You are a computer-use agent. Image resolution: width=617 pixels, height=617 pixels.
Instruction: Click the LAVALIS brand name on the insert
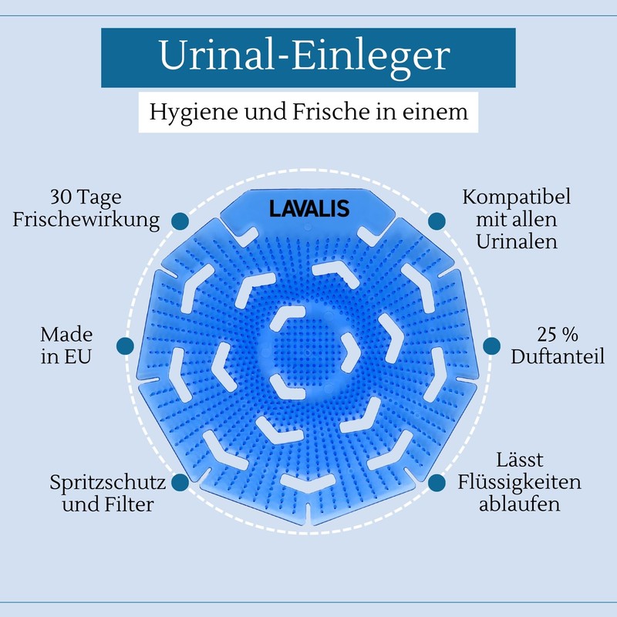click(x=309, y=208)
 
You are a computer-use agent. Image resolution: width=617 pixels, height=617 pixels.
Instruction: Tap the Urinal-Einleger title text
click(x=305, y=56)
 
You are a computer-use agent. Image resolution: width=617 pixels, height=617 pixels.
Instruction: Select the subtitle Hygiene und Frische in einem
click(x=309, y=112)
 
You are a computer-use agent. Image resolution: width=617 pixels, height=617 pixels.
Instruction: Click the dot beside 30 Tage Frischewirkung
click(x=180, y=221)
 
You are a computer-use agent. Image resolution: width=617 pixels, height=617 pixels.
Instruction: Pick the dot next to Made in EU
click(x=125, y=346)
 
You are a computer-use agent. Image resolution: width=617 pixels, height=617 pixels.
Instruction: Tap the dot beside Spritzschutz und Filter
click(x=180, y=483)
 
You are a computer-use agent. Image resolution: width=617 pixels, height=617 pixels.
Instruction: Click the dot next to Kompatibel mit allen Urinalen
click(x=437, y=221)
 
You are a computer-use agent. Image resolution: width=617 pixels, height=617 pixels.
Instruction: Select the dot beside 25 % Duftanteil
click(x=492, y=346)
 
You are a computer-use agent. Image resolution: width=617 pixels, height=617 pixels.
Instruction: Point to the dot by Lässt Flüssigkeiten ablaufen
click(x=437, y=483)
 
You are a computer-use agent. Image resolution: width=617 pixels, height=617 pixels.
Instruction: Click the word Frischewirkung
click(x=86, y=220)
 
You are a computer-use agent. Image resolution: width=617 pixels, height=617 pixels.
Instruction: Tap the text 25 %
click(x=558, y=335)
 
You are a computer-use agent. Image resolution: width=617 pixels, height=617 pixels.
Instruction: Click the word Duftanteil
click(x=558, y=356)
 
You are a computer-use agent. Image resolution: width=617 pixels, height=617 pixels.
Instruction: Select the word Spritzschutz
click(x=108, y=483)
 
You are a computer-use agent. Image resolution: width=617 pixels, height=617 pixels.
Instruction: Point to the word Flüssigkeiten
click(x=519, y=481)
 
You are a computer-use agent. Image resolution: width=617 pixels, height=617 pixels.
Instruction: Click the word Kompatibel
click(x=516, y=197)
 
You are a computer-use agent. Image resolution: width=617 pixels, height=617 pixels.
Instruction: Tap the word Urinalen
click(x=517, y=241)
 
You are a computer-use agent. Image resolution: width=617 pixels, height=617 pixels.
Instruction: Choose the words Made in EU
click(x=66, y=346)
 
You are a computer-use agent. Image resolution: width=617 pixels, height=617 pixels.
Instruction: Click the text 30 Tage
click(x=86, y=197)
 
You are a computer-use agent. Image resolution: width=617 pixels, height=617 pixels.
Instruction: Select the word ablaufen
click(x=519, y=504)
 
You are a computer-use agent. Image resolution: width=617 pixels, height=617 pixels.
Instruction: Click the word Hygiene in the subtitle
click(x=194, y=113)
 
